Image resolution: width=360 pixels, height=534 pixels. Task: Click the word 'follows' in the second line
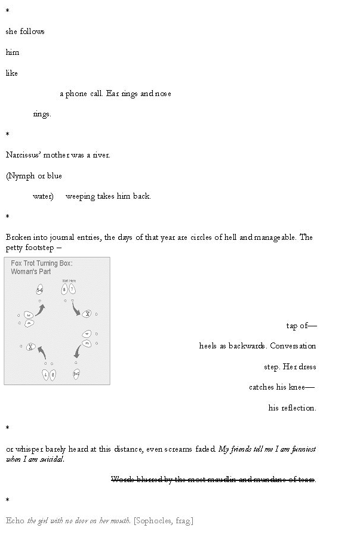[32, 32]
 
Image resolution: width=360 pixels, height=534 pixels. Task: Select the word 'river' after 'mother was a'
[100, 155]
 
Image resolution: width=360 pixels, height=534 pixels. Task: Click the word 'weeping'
[80, 196]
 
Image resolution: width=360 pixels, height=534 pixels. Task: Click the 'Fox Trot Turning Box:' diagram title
[42, 263]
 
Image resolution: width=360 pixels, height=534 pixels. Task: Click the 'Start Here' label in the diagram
[69, 280]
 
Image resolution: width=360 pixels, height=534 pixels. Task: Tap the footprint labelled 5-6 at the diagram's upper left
[39, 290]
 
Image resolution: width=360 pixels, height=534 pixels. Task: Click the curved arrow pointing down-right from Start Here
[77, 308]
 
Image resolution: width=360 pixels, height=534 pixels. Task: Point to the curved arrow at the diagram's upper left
[40, 309]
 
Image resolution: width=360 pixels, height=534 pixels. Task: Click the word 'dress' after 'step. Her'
[307, 367]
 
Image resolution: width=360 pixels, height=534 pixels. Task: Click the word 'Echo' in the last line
[16, 521]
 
